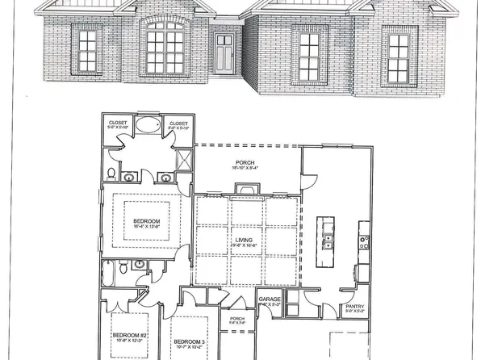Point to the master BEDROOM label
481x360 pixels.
point(146,221)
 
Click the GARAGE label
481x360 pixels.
point(269,299)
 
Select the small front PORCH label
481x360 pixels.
point(236,318)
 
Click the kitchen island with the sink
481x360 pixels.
point(326,241)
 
